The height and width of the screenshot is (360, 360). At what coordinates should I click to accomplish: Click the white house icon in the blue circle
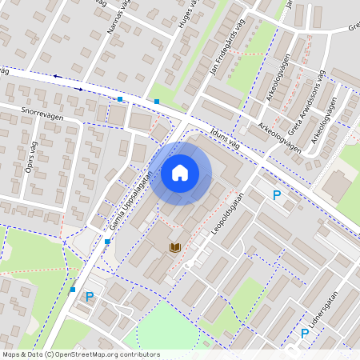pos(180,173)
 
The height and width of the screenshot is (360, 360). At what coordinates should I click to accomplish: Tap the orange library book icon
pos(174,247)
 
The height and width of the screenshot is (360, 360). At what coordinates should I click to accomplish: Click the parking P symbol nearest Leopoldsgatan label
pos(277,195)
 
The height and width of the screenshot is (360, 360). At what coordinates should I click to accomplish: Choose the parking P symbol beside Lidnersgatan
pos(305,333)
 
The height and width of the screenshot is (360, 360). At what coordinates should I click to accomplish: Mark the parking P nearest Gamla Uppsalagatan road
pos(90,297)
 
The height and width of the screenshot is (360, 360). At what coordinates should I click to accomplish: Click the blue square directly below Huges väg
pos(157,102)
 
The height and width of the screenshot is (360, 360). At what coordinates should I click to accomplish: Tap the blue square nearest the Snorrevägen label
pos(120,99)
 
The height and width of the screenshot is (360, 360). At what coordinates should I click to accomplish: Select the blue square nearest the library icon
pos(107,241)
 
